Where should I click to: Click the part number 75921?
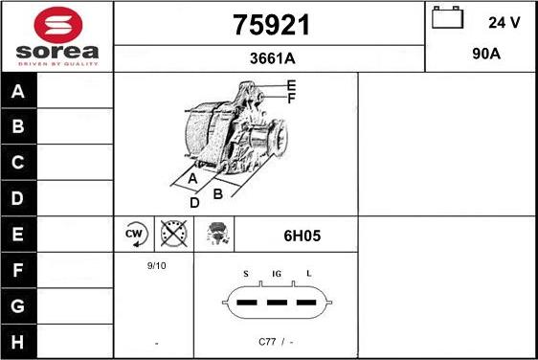click(x=271, y=25)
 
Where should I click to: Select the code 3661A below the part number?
click(x=273, y=58)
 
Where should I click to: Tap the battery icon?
click(x=447, y=17)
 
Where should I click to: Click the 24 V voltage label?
click(x=504, y=22)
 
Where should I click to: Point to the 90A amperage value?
click(x=486, y=54)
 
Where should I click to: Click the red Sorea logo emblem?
click(x=58, y=26)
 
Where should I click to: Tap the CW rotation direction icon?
click(x=135, y=235)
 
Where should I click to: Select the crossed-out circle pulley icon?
click(x=174, y=234)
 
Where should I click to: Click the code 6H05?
click(x=302, y=236)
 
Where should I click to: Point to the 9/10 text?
click(x=156, y=265)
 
